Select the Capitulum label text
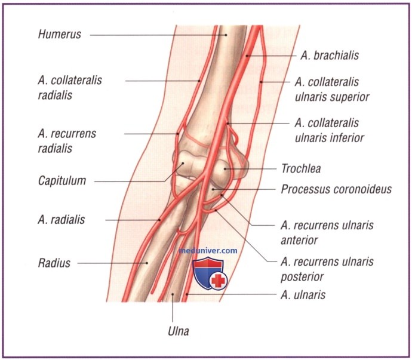(x=62, y=180)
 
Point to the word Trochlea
(x=300, y=169)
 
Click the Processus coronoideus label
(x=336, y=190)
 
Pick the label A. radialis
(x=60, y=220)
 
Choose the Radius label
(x=54, y=262)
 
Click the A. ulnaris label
(x=303, y=294)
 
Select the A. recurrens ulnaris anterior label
(x=327, y=233)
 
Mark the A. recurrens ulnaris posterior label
(x=327, y=269)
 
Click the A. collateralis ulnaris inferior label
(x=327, y=130)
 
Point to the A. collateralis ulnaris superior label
(x=332, y=89)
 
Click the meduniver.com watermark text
(x=208, y=251)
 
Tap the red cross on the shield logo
(x=219, y=280)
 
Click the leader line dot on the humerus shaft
(x=227, y=35)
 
